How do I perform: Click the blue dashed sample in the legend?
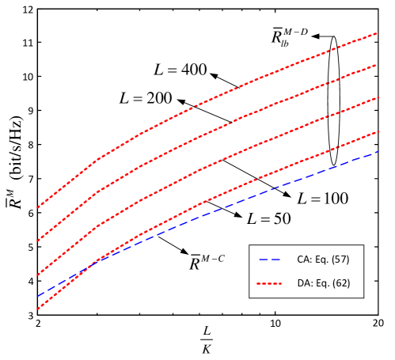click(x=269, y=260)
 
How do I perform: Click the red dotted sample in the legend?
click(x=269, y=283)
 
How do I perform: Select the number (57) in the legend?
click(x=340, y=260)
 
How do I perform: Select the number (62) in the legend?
click(x=340, y=283)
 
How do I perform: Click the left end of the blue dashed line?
click(x=37, y=296)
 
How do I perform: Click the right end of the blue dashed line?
click(x=377, y=151)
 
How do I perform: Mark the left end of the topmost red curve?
click(x=37, y=207)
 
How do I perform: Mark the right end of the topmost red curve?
click(x=377, y=33)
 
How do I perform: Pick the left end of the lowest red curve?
click(x=37, y=309)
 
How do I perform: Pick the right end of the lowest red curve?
click(x=377, y=131)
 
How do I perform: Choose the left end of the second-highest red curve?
click(x=37, y=241)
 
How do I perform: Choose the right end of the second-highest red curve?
click(x=377, y=65)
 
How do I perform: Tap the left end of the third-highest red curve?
click(x=37, y=275)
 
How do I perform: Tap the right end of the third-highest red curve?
click(x=377, y=97)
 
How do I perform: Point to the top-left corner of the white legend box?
click(x=249, y=245)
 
